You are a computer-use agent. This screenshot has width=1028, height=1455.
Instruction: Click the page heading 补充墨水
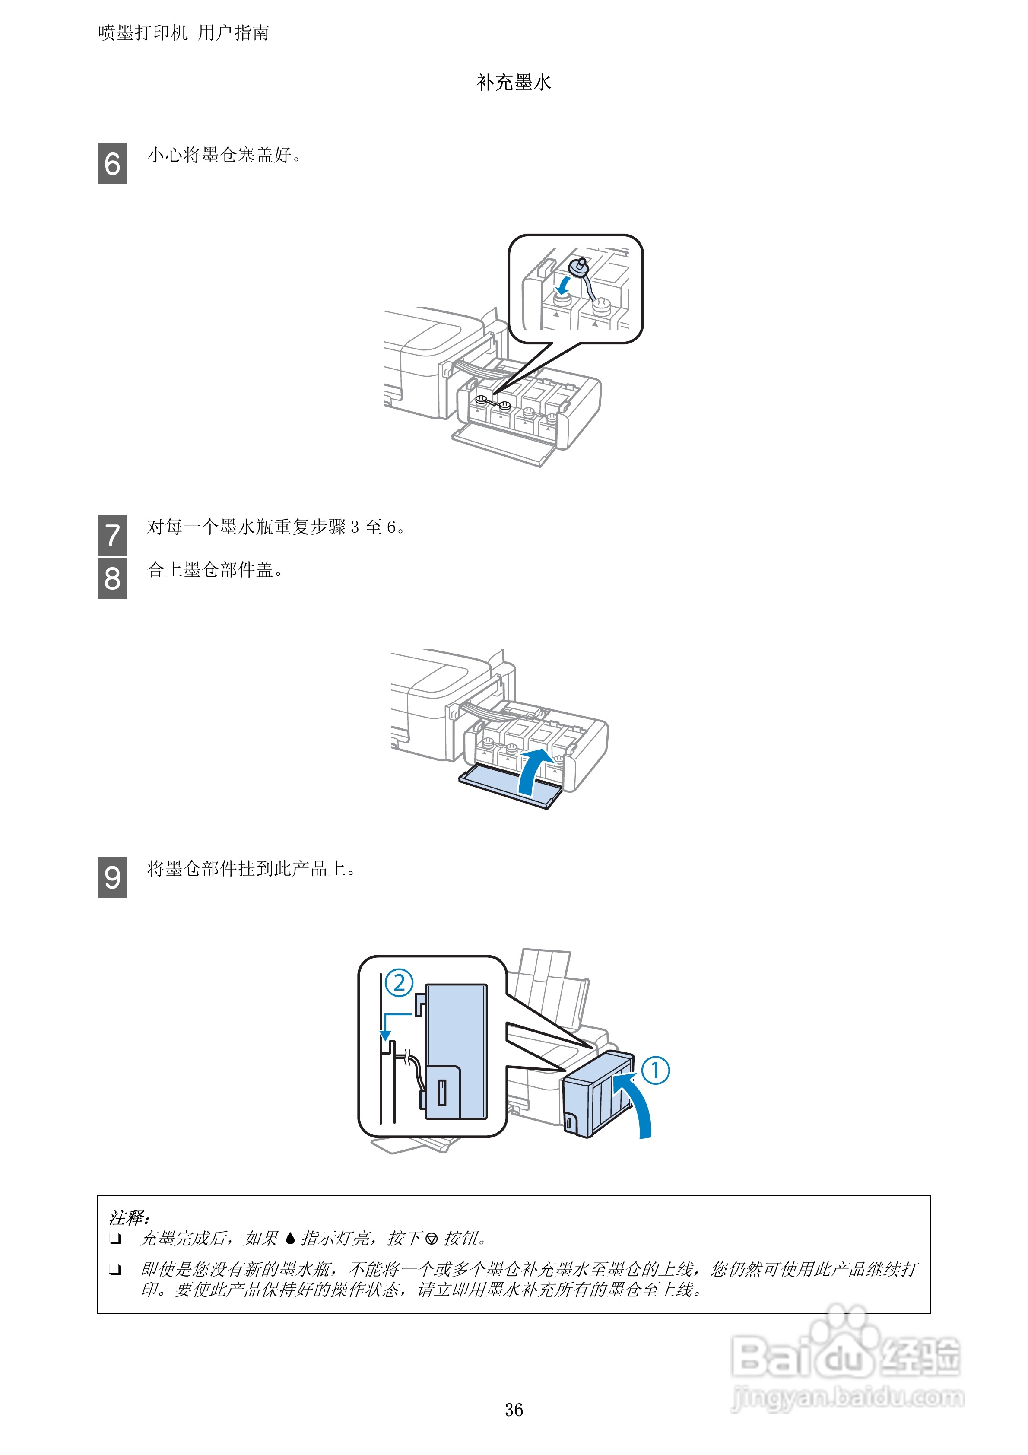514,83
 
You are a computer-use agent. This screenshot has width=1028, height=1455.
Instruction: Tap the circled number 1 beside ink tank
655,1071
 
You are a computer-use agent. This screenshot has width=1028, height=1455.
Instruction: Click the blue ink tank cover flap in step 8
501,786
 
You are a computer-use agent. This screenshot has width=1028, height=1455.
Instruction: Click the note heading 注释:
129,1217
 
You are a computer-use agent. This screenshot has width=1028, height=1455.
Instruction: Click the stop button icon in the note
432,1238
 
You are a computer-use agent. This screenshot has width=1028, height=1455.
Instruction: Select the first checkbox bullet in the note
115,1238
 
